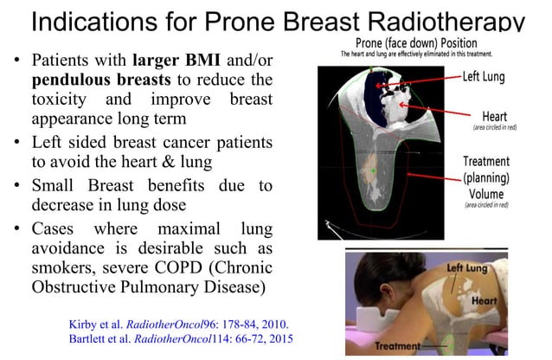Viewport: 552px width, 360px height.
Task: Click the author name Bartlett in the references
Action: [93, 338]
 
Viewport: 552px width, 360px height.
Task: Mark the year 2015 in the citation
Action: [277, 338]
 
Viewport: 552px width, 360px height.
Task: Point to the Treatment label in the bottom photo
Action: [402, 346]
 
